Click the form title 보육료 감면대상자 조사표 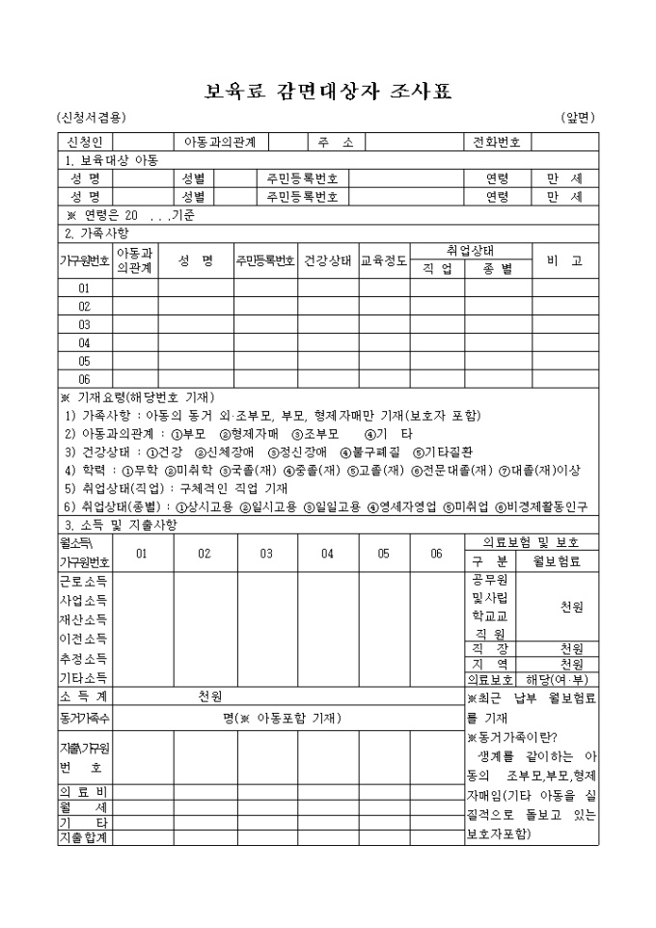(328, 93)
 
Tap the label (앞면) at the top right (578, 118)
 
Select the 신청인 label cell (86, 143)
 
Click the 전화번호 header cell (496, 143)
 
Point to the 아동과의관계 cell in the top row (220, 143)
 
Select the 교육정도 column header (384, 261)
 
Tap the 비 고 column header (564, 261)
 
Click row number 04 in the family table (85, 342)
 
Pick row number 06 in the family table (85, 379)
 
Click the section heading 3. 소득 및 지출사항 (121, 524)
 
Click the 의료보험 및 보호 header (532, 542)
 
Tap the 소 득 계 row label (85, 696)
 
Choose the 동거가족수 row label (85, 718)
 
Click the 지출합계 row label (85, 837)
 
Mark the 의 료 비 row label (85, 791)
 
